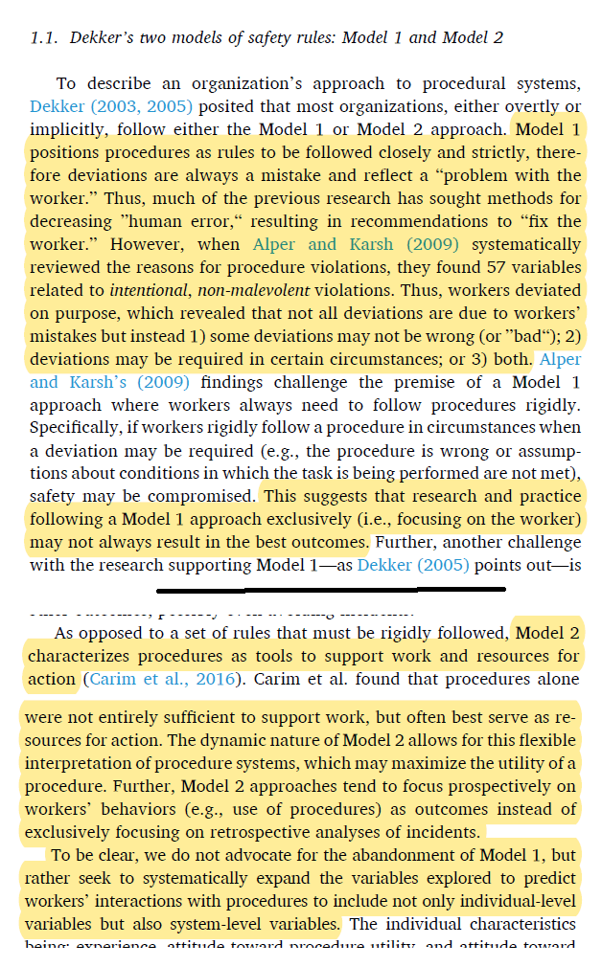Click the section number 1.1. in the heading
pyautogui.click(x=44, y=38)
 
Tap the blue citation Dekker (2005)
pyautogui.click(x=413, y=565)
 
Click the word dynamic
pyautogui.click(x=178, y=740)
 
